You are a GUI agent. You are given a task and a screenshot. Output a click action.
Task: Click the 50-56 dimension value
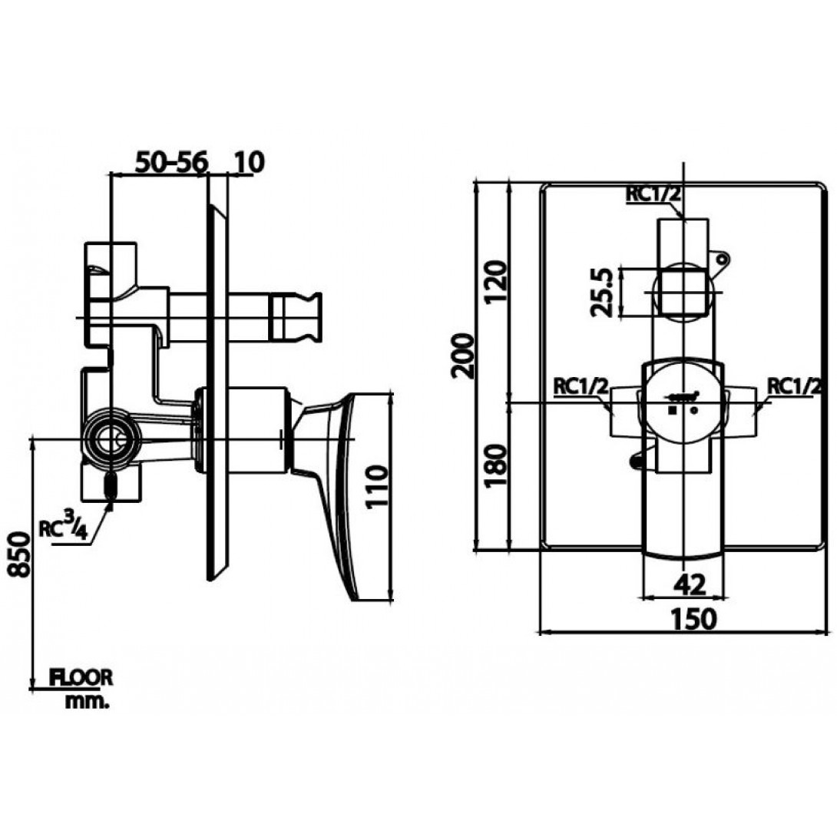pos(170,162)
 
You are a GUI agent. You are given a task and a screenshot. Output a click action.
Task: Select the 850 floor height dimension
pos(20,554)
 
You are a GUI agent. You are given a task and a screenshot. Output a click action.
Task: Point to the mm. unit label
pos(87,702)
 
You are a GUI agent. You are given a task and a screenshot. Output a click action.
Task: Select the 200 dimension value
pos(462,356)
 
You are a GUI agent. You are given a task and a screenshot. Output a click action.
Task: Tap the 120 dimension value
pos(495,282)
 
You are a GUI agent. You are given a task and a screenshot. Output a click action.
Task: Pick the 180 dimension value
pos(495,465)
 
